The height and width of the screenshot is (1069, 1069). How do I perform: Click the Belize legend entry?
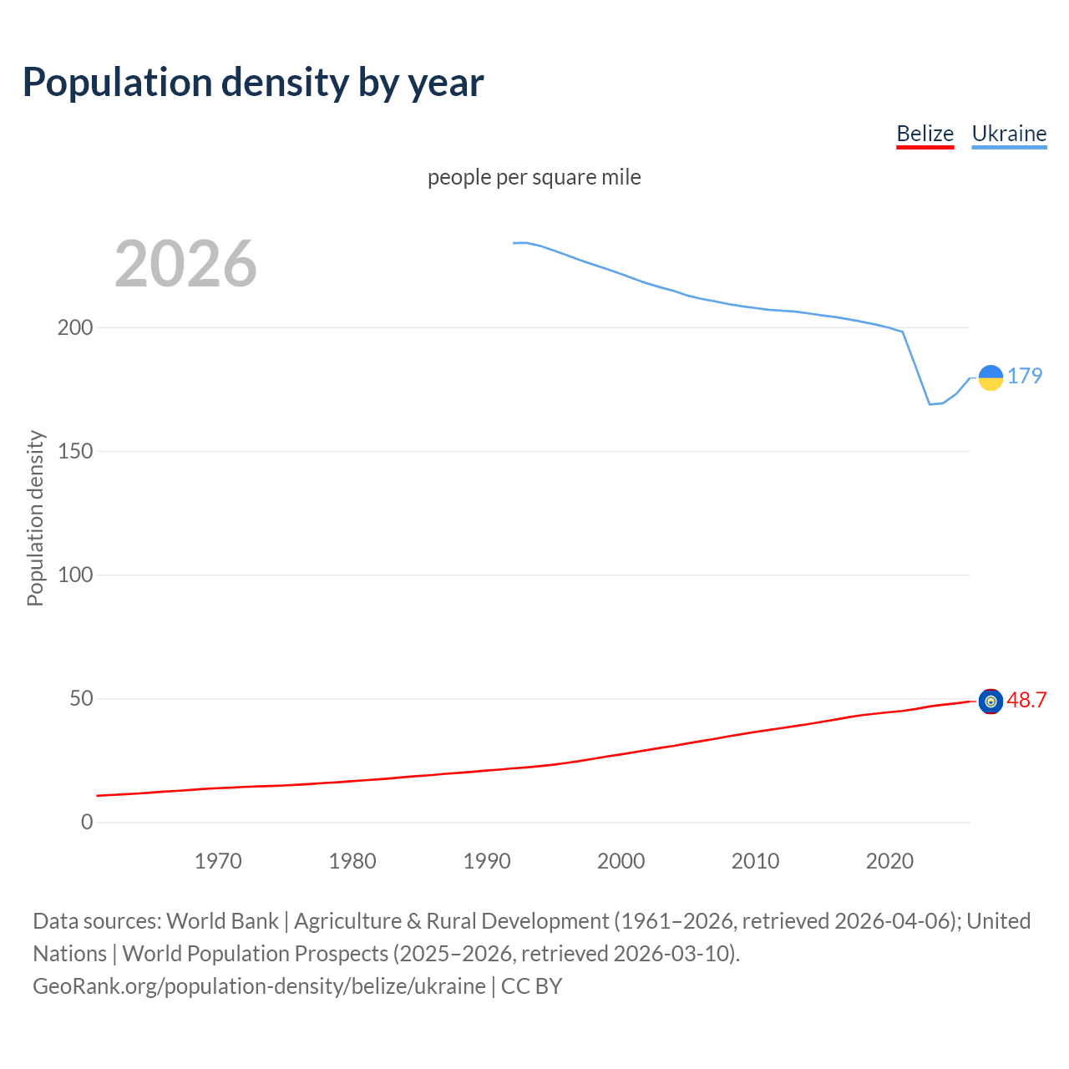click(x=925, y=134)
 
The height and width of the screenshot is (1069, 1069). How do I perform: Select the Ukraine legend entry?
click(x=1009, y=134)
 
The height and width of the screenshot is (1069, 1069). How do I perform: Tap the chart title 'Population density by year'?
click(x=253, y=83)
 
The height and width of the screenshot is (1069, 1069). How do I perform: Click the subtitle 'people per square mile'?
click(x=534, y=177)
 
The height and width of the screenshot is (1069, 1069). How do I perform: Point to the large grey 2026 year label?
click(x=185, y=264)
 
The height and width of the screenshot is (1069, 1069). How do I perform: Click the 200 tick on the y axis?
click(x=75, y=327)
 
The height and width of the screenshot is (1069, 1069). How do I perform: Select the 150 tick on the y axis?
click(x=75, y=451)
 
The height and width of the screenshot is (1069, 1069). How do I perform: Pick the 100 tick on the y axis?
click(x=75, y=575)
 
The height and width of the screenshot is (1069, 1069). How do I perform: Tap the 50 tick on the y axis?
click(x=81, y=698)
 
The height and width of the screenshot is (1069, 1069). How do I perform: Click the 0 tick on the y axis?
click(x=87, y=822)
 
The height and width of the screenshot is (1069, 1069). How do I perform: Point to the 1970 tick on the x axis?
click(x=218, y=861)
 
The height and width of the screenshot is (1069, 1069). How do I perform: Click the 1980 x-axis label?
click(x=352, y=861)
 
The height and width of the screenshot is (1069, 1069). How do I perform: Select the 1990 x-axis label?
click(x=487, y=861)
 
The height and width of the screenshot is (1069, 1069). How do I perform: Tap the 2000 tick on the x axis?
click(x=621, y=861)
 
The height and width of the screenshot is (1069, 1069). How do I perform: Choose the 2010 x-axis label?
click(x=755, y=861)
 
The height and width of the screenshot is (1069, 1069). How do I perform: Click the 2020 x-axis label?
click(x=889, y=861)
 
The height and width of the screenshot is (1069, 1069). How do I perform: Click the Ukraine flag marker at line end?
click(x=990, y=377)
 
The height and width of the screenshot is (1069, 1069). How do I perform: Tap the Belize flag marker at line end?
click(x=990, y=702)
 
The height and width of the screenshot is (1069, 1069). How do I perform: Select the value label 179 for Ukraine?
click(x=1025, y=376)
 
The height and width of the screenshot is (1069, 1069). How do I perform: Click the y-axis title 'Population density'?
click(x=35, y=518)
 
